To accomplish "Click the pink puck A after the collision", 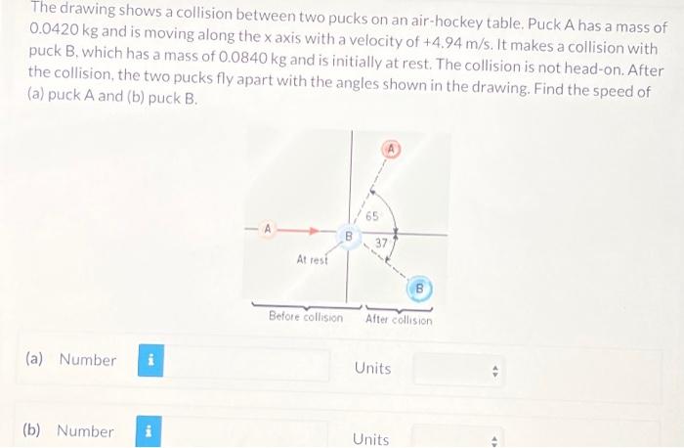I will [391, 149].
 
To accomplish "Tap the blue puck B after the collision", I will [419, 289].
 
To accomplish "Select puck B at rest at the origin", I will [346, 236].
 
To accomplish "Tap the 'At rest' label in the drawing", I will [312, 260].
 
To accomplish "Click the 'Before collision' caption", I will [306, 318].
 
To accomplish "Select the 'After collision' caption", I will [398, 319].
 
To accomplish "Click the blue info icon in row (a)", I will [150, 360].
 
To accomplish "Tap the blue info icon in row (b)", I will [147, 431].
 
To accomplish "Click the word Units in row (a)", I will [372, 369].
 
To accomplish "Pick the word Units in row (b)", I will [370, 439].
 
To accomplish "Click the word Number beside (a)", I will [87, 360].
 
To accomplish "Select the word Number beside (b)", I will [85, 431].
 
